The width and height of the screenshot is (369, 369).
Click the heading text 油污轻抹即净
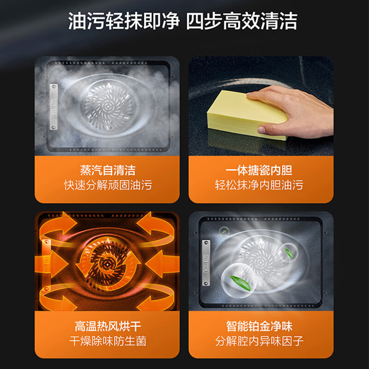pyautogui.click(x=124, y=22)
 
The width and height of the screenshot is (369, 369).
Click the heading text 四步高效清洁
pyautogui.click(x=242, y=22)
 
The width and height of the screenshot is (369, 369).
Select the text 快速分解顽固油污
pyautogui.click(x=107, y=185)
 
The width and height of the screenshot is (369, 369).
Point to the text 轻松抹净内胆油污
pyautogui.click(x=261, y=185)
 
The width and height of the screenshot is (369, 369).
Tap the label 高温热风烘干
pyautogui.click(x=107, y=327)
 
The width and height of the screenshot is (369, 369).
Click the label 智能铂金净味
pyautogui.click(x=261, y=327)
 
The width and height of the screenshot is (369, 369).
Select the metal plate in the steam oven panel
pyautogui.click(x=54, y=107)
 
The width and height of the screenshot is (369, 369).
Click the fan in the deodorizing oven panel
pyautogui.click(x=261, y=258)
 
